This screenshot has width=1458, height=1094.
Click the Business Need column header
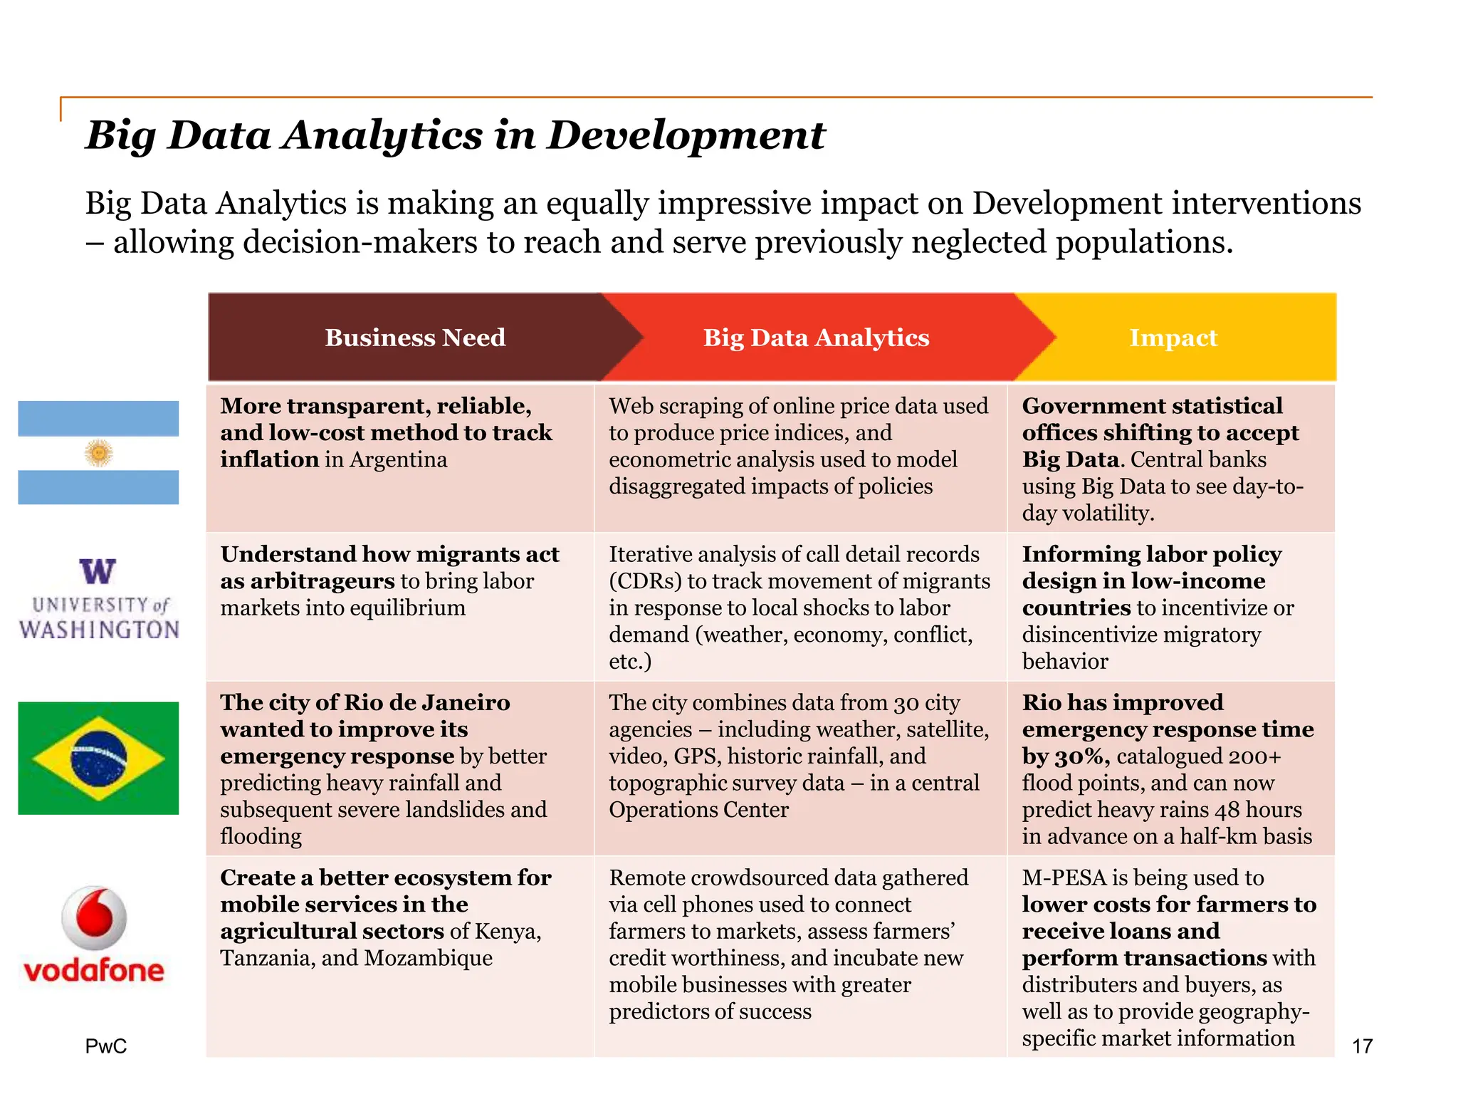pos(415,338)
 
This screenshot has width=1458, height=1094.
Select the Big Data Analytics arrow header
pos(816,338)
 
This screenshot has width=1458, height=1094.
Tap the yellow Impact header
pos(1173,338)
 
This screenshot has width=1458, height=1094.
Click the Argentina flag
pos(98,452)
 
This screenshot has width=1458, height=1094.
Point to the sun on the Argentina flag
pos(98,453)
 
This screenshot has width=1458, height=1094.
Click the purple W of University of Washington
pos(98,571)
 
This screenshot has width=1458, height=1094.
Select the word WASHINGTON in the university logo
pos(99,630)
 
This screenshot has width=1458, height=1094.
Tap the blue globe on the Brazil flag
pos(99,758)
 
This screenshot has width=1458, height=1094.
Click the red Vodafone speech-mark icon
pos(94,917)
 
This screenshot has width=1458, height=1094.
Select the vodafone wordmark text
pos(94,970)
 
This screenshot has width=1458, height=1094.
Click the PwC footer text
pos(105,1046)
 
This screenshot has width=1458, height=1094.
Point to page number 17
pos(1362,1046)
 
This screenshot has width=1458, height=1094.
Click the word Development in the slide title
pos(686,135)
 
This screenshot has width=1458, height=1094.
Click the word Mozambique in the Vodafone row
pos(428,958)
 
